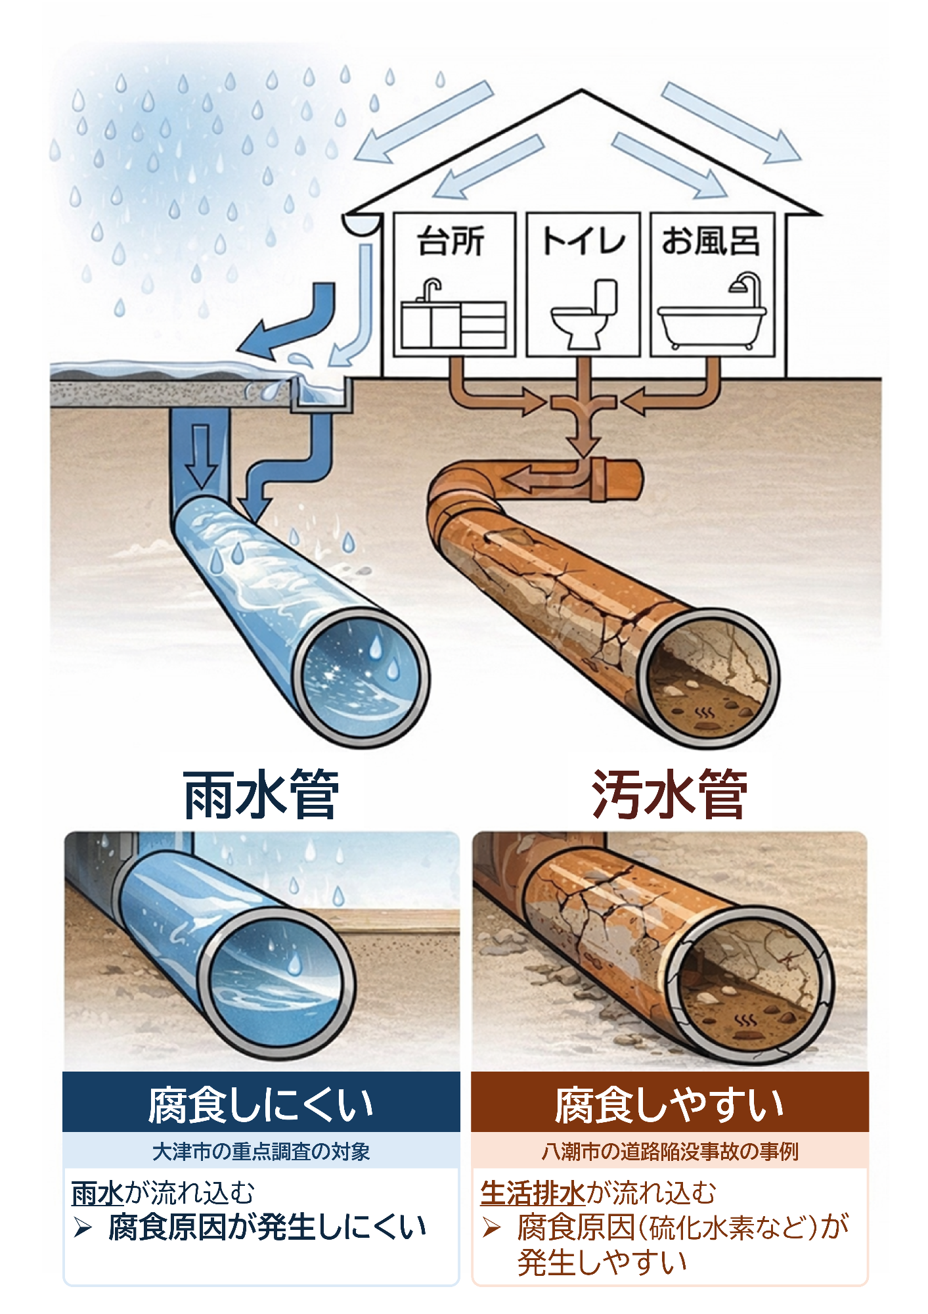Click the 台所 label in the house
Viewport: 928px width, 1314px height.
click(451, 241)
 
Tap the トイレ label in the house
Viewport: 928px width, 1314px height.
click(583, 241)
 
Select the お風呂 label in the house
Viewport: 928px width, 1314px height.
click(711, 241)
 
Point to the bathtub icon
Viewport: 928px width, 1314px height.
click(712, 326)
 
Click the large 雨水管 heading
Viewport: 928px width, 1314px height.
click(261, 795)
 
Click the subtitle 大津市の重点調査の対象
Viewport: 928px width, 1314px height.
click(261, 1152)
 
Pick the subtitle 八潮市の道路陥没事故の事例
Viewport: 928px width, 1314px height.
click(669, 1152)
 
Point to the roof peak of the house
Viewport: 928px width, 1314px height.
click(582, 92)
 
